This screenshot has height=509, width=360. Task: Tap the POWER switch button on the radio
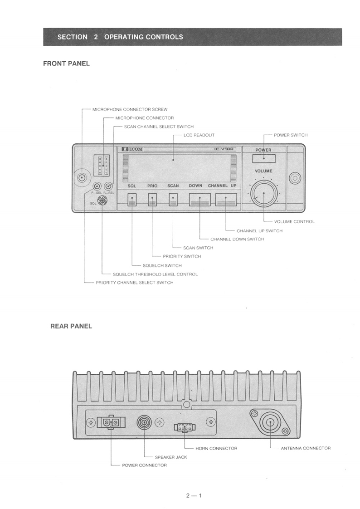(263, 158)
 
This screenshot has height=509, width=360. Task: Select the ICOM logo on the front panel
(131, 149)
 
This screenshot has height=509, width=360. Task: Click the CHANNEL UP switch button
(226, 200)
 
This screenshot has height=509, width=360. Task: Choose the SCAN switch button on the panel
(173, 200)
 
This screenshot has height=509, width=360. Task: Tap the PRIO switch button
(152, 200)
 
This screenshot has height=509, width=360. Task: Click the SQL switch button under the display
(132, 200)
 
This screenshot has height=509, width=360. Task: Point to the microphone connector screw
(83, 177)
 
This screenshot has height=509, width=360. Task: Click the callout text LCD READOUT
(199, 135)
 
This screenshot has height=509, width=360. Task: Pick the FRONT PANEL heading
(66, 64)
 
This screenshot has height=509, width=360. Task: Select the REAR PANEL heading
(71, 326)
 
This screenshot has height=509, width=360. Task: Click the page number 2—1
(194, 495)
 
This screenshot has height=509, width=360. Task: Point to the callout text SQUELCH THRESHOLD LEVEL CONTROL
(155, 274)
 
